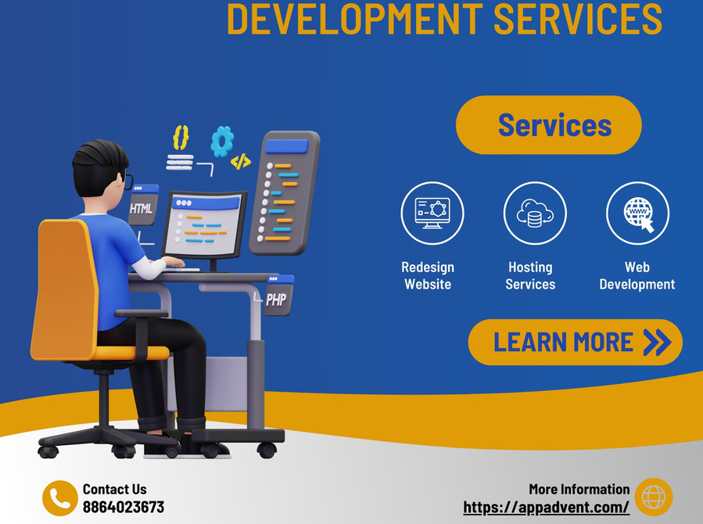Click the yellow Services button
pyautogui.click(x=549, y=125)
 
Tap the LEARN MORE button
pyautogui.click(x=576, y=342)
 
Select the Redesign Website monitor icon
pyautogui.click(x=432, y=213)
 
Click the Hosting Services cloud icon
pyautogui.click(x=535, y=213)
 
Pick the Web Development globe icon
pyautogui.click(x=637, y=213)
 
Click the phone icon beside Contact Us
pyautogui.click(x=60, y=498)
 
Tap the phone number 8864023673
pyautogui.click(x=124, y=507)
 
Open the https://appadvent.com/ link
pyautogui.click(x=546, y=508)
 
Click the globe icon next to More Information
pyautogui.click(x=654, y=497)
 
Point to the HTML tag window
pyautogui.click(x=142, y=204)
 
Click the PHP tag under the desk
pyautogui.click(x=278, y=295)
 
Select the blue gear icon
pyautogui.click(x=222, y=142)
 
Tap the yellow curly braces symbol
pyautogui.click(x=181, y=138)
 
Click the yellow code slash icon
pyautogui.click(x=241, y=161)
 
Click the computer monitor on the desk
pyautogui.click(x=204, y=225)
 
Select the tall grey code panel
pyautogui.click(x=284, y=192)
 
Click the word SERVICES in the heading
pyautogui.click(x=578, y=18)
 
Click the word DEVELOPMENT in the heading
pyautogui.click(x=355, y=18)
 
